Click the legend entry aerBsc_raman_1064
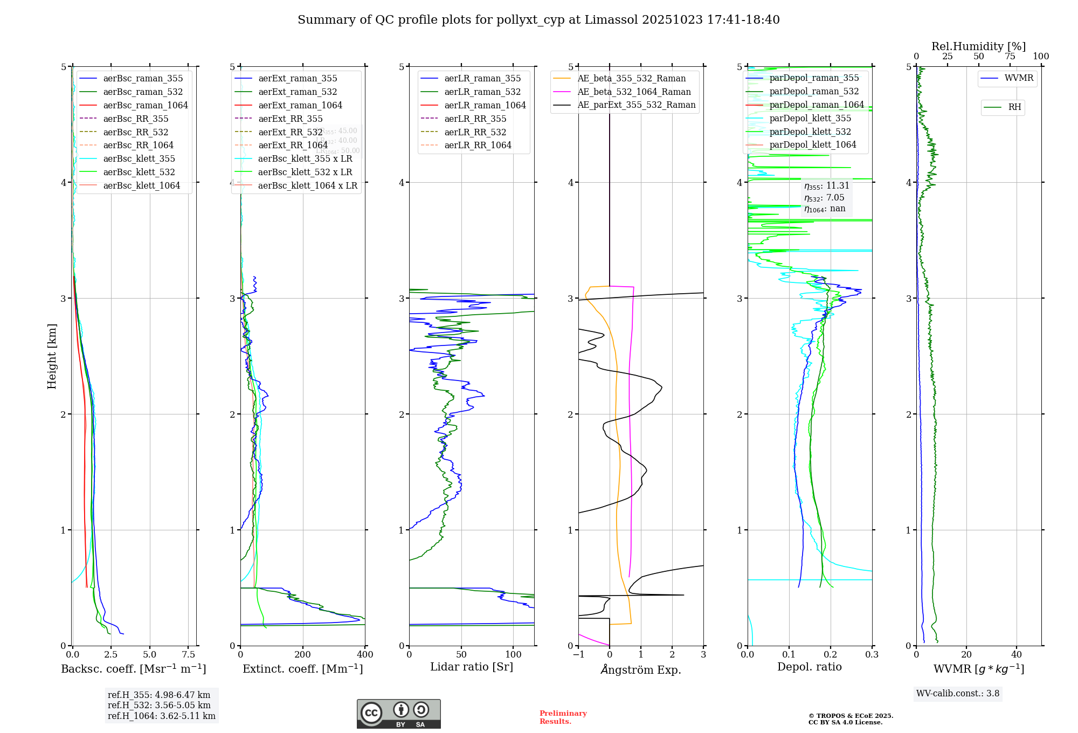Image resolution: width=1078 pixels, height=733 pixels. (x=146, y=105)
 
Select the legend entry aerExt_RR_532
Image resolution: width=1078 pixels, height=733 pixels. (x=290, y=132)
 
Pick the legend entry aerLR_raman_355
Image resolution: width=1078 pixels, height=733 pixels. (x=482, y=78)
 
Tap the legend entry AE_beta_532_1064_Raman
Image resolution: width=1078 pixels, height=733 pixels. (x=634, y=92)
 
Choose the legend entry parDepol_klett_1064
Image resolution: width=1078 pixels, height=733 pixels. (x=812, y=144)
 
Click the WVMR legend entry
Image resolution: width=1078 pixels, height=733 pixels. (x=1019, y=78)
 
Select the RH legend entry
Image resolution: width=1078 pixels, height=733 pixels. (x=1014, y=107)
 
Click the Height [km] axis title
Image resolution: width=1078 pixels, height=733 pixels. (x=52, y=356)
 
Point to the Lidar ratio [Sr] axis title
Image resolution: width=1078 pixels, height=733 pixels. (x=471, y=667)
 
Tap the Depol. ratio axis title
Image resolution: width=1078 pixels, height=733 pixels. (x=809, y=667)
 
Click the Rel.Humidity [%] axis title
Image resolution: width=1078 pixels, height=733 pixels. (x=978, y=46)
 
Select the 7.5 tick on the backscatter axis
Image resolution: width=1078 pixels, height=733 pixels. (x=189, y=654)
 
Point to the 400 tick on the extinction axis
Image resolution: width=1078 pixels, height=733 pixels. (x=365, y=654)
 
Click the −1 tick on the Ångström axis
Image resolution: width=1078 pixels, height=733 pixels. (x=578, y=654)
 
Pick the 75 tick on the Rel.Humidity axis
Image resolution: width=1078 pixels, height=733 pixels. (x=1010, y=56)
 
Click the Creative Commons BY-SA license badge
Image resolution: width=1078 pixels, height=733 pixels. (x=398, y=714)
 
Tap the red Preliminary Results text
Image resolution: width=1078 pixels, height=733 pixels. (x=563, y=717)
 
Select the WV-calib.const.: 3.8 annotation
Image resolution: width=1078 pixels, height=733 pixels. (x=957, y=693)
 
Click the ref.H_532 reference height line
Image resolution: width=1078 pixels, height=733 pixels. (x=159, y=705)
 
